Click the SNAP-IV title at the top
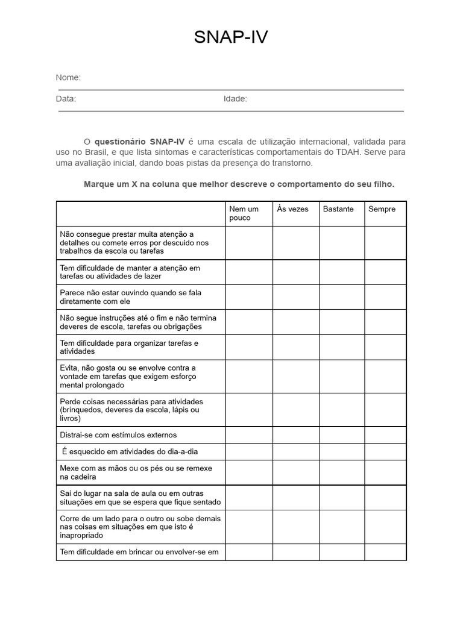pos(231,38)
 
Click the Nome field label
pos(68,78)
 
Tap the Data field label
pos(66,99)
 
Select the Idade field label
pos(235,99)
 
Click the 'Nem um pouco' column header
pos(244,213)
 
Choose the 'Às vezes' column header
pos(292,209)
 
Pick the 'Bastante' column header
pos(338,209)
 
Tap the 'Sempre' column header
pos(382,209)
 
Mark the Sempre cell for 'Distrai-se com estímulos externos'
pos(385,435)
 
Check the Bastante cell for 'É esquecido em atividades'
pos(342,452)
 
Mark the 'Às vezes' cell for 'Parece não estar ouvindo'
pos(296,297)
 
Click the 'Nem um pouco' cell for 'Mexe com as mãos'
pos(249,472)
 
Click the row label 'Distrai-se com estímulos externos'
pos(118,435)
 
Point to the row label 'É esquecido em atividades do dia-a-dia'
pos(129,452)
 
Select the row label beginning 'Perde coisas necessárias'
pos(131,410)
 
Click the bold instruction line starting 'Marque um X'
pos(239,184)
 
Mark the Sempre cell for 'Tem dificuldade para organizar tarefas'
pos(385,347)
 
